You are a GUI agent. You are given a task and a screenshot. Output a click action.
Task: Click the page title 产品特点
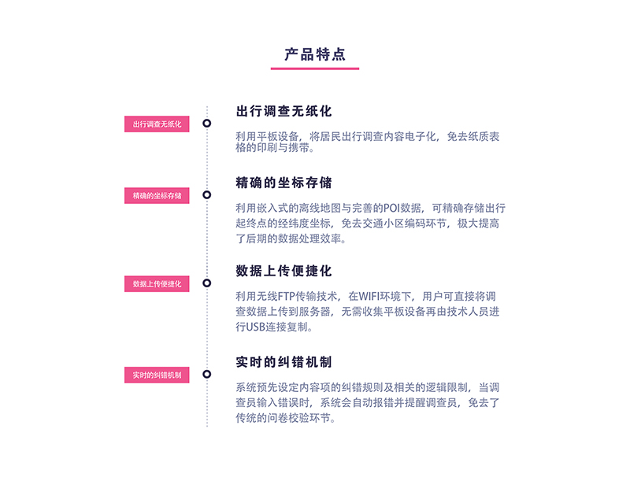pyautogui.click(x=315, y=54)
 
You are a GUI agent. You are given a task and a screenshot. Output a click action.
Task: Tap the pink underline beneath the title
pyautogui.click(x=315, y=68)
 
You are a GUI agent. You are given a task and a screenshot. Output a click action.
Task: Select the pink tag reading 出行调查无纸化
pyautogui.click(x=157, y=124)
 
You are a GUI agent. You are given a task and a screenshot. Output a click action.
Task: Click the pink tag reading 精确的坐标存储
pyautogui.click(x=157, y=195)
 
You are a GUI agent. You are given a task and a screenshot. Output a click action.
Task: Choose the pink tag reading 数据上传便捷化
pyautogui.click(x=157, y=284)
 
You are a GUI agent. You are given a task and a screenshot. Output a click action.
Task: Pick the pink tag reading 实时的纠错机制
pyautogui.click(x=157, y=375)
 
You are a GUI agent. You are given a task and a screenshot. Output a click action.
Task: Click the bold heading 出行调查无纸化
pyautogui.click(x=283, y=111)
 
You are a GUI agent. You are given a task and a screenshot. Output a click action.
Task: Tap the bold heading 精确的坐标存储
pyautogui.click(x=283, y=183)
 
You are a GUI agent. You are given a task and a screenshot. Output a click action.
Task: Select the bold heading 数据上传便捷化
pyautogui.click(x=283, y=271)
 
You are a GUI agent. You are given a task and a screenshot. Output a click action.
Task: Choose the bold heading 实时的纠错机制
pyautogui.click(x=283, y=362)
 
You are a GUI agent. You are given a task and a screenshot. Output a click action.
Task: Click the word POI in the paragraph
pyautogui.click(x=391, y=209)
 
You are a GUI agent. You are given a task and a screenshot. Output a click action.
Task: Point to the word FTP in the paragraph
pyautogui.click(x=287, y=297)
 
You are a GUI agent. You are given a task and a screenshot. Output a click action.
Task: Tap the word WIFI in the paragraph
pyautogui.click(x=369, y=297)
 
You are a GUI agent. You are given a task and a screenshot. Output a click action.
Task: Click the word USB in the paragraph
pyautogui.click(x=255, y=327)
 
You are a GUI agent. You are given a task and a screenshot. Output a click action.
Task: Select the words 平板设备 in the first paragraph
pyautogui.click(x=278, y=137)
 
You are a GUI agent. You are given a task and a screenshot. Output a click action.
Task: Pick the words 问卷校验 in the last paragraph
pyautogui.click(x=288, y=419)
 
